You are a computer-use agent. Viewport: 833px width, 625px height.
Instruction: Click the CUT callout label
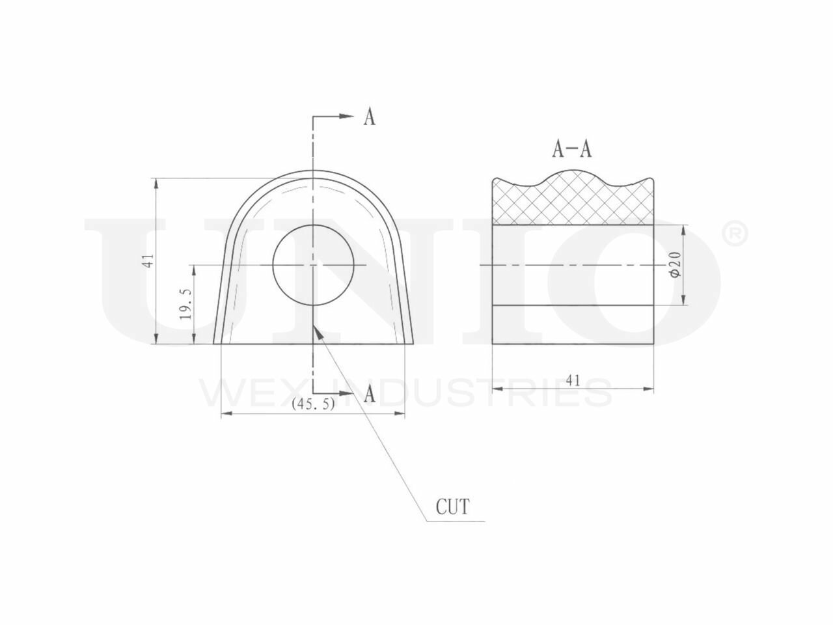click(x=453, y=507)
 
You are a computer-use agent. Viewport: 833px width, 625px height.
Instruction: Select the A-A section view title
click(x=571, y=149)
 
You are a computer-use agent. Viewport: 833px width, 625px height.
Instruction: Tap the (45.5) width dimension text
click(x=313, y=404)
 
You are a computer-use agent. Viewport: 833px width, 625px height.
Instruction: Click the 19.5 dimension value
click(x=187, y=303)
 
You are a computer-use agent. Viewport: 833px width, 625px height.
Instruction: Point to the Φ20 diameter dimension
click(x=676, y=265)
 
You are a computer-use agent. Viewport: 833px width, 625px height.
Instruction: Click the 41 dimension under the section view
click(x=573, y=380)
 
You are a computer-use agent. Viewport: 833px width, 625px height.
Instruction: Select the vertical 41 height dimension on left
click(x=148, y=260)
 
